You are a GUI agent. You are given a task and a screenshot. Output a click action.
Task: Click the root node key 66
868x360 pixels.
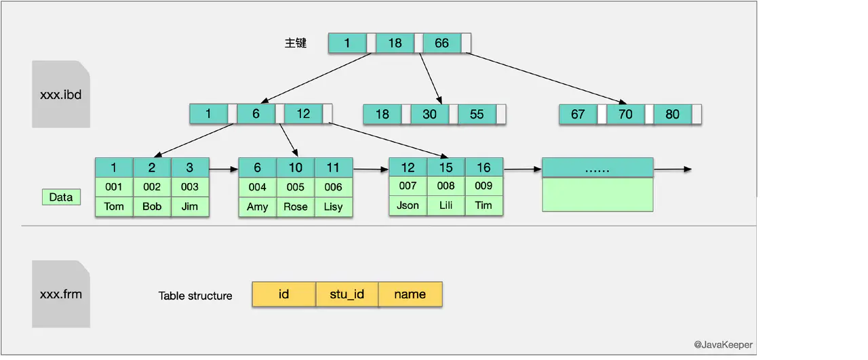pyautogui.click(x=441, y=43)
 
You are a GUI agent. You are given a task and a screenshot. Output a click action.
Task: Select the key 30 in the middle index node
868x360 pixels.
pyautogui.click(x=430, y=114)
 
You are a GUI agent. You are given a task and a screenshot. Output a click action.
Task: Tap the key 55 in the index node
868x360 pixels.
pyautogui.click(x=477, y=114)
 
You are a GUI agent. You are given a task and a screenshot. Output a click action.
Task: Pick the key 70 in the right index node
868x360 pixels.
pyautogui.click(x=625, y=114)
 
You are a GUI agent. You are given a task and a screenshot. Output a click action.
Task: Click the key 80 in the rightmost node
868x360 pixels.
pyautogui.click(x=672, y=114)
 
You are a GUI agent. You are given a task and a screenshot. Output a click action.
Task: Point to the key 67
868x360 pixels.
pyautogui.click(x=578, y=114)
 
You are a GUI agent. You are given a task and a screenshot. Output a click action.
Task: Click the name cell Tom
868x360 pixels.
pyautogui.click(x=114, y=206)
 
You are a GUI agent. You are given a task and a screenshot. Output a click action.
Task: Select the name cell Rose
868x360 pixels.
pyautogui.click(x=295, y=206)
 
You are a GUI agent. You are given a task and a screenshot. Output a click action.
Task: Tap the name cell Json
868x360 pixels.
pyautogui.click(x=408, y=205)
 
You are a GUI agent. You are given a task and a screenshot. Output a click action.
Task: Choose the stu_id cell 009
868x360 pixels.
pyautogui.click(x=484, y=185)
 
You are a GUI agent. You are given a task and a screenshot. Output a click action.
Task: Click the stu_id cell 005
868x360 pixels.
pyautogui.click(x=295, y=187)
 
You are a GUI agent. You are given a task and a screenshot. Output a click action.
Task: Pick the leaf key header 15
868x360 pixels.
pyautogui.click(x=446, y=167)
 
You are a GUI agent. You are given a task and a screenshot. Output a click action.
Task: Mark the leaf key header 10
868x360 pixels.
pyautogui.click(x=295, y=168)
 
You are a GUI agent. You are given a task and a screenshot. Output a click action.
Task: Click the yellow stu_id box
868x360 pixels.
pyautogui.click(x=347, y=294)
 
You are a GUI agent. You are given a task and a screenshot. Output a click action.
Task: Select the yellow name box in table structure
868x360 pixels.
pyautogui.click(x=410, y=294)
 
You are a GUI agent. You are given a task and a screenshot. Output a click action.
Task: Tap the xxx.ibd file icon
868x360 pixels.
pyautogui.click(x=61, y=94)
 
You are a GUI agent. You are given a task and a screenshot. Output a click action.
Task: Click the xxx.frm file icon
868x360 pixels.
pyautogui.click(x=61, y=294)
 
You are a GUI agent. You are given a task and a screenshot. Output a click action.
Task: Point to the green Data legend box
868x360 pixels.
pyautogui.click(x=61, y=197)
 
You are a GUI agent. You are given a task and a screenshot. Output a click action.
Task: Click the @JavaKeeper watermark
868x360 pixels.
pyautogui.click(x=723, y=344)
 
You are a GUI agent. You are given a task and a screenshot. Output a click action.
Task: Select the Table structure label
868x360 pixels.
pyautogui.click(x=195, y=296)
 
